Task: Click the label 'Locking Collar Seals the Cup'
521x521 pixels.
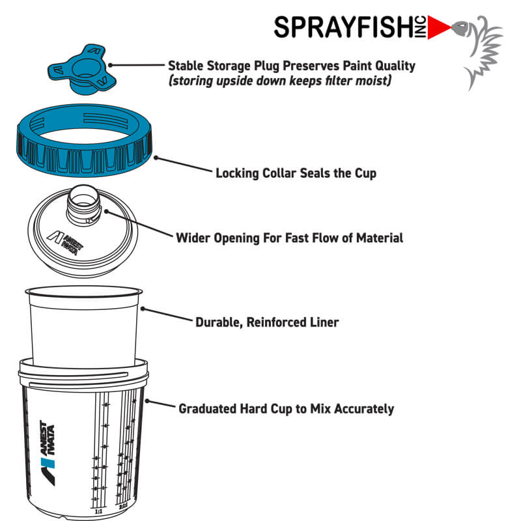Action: pyautogui.click(x=296, y=174)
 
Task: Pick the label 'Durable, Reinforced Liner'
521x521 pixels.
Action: pyautogui.click(x=267, y=322)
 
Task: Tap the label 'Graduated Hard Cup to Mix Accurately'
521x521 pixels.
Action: pyautogui.click(x=286, y=409)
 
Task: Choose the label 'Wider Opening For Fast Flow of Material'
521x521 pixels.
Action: pyautogui.click(x=289, y=238)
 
